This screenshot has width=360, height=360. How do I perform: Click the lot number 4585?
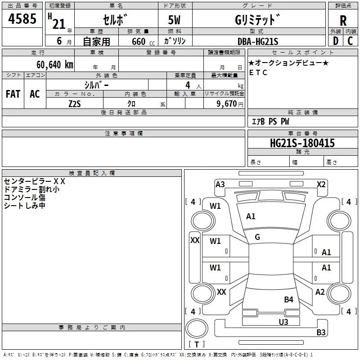click(22, 20)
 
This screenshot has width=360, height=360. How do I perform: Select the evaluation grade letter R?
click(343, 21)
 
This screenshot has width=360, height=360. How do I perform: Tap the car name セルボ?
click(116, 20)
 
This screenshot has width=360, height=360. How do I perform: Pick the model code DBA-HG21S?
click(258, 41)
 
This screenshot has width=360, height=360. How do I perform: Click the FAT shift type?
click(13, 94)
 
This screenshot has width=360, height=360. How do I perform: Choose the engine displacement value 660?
click(139, 42)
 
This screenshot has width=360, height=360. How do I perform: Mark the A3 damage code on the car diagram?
click(220, 184)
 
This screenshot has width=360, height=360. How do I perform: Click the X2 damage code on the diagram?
click(321, 184)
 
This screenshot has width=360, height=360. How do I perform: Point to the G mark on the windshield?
click(257, 237)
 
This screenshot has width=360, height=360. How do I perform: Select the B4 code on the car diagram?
click(288, 299)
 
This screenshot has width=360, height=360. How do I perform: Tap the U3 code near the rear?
click(283, 321)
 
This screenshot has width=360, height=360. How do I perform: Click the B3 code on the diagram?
click(321, 333)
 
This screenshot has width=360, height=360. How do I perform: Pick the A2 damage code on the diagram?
click(320, 292)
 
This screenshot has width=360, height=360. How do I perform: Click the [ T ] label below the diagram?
click(196, 344)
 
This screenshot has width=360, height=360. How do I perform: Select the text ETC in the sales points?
click(258, 72)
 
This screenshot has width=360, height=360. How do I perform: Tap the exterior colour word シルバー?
click(96, 85)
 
